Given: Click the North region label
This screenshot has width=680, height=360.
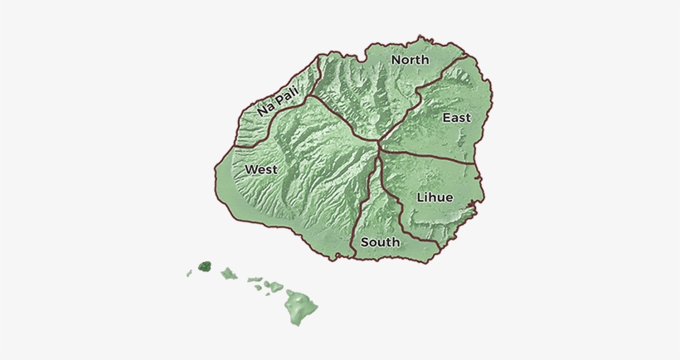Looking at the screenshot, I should pyautogui.click(x=410, y=60).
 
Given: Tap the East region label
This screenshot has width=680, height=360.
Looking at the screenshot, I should pyautogui.click(x=456, y=118).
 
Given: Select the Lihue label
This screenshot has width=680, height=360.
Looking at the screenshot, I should pyautogui.click(x=435, y=197).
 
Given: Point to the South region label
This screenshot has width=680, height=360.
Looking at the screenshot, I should pyautogui.click(x=381, y=242).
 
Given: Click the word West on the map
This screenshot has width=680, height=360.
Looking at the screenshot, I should pyautogui.click(x=260, y=169).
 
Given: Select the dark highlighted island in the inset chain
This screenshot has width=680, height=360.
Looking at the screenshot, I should pyautogui.click(x=204, y=267).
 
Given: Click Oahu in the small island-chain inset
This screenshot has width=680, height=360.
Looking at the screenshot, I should pyautogui.click(x=228, y=273).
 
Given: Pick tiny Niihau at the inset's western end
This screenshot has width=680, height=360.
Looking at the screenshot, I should pyautogui.click(x=190, y=272).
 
